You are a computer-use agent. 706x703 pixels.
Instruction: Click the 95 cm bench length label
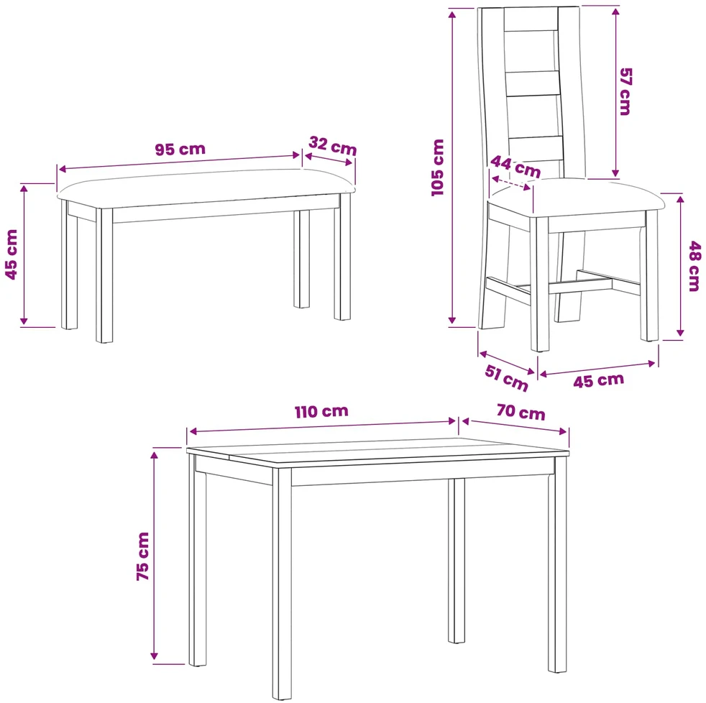tap(180, 149)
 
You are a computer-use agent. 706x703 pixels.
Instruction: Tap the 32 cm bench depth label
tap(333, 146)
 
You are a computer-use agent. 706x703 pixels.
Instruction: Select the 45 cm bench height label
tap(12, 254)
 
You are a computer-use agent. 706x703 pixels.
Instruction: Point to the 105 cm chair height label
tap(438, 167)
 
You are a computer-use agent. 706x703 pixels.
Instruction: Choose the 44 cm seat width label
tap(515, 167)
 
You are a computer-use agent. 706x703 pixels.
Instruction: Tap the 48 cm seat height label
tap(694, 267)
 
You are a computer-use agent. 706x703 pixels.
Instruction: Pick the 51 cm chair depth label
tap(506, 378)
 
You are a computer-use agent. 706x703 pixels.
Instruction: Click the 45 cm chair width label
tap(598, 381)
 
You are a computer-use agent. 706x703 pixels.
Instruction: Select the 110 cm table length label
tap(321, 411)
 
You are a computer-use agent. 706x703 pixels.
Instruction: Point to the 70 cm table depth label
tap(521, 413)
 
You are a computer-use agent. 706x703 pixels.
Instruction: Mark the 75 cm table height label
tap(142, 556)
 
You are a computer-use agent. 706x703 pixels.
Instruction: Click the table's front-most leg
tap(282, 584)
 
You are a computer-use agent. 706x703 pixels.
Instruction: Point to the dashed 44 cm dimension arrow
tap(511, 183)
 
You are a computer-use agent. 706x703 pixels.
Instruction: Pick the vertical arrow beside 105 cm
tap(452, 167)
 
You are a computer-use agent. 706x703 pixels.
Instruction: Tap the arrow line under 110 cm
tap(322, 427)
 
